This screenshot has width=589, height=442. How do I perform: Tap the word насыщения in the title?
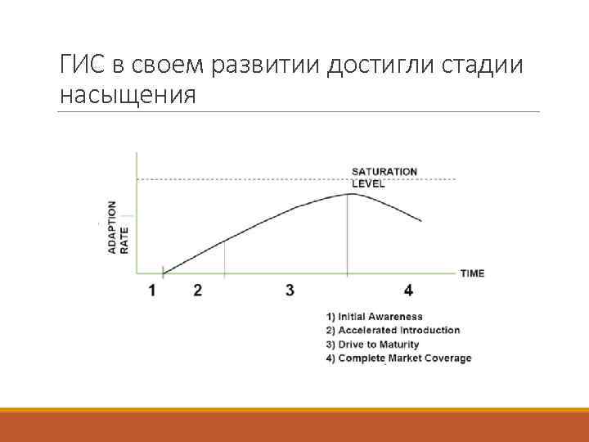coord(128,96)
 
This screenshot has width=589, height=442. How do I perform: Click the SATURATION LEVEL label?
coord(384,177)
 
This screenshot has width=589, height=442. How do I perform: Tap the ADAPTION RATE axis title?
coord(118,227)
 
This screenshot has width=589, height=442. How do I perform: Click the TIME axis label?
coord(472,273)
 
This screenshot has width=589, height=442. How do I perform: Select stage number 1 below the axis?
coord(153,290)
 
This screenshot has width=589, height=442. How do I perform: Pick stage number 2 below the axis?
coord(198,290)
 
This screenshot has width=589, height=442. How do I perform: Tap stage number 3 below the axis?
coord(290,290)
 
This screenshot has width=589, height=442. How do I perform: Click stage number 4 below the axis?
coord(408,290)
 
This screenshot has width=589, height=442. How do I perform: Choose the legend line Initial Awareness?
coord(374,317)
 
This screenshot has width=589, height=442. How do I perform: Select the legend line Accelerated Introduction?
coord(393,331)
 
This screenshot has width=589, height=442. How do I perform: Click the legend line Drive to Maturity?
coord(372,345)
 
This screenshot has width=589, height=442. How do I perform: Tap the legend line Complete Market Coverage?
coord(398,359)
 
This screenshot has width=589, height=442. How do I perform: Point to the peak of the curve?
coord(348,194)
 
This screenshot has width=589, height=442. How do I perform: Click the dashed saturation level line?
coord(245,179)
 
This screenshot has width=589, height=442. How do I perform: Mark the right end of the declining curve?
coord(421,220)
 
